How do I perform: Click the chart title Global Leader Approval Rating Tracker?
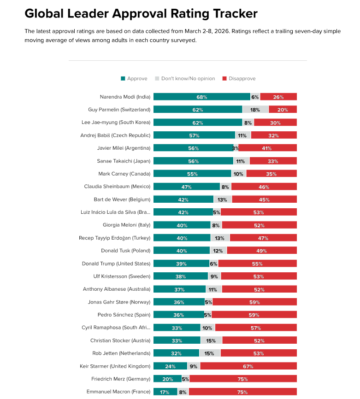[x=141, y=13]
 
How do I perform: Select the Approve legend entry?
[x=134, y=79]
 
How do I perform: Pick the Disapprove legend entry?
[x=239, y=79]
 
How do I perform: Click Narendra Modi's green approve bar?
[x=202, y=97]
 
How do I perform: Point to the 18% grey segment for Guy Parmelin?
[x=255, y=110]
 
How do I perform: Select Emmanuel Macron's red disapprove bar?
[x=242, y=392]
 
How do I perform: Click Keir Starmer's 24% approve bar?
[x=170, y=366]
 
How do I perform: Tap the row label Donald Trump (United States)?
[x=116, y=264]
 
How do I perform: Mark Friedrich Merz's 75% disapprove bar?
[x=243, y=379]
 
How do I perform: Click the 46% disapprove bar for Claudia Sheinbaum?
[x=264, y=187]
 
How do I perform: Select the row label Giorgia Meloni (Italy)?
[x=126, y=225]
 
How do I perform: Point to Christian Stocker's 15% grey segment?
[x=211, y=340]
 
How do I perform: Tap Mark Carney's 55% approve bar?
[x=192, y=174]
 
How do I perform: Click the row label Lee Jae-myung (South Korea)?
[x=119, y=123]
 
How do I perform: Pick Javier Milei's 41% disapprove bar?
[x=267, y=148]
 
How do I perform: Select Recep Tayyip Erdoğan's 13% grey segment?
[x=220, y=238]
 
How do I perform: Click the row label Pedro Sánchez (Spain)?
[x=124, y=315]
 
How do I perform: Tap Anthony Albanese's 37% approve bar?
[x=179, y=289]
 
